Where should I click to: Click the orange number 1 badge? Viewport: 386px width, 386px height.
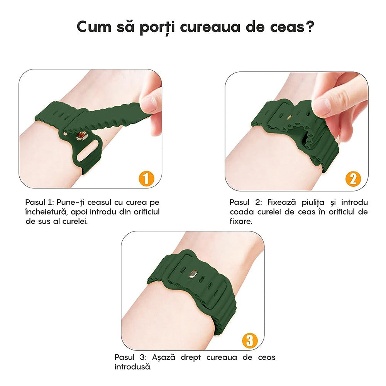146,179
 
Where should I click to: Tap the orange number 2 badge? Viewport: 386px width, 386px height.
353,179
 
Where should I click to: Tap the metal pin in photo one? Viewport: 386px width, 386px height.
81,136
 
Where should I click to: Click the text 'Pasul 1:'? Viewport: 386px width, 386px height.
40,202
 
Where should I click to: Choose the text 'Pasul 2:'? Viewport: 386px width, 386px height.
244,202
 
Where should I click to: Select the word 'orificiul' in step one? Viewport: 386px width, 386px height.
145,212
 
